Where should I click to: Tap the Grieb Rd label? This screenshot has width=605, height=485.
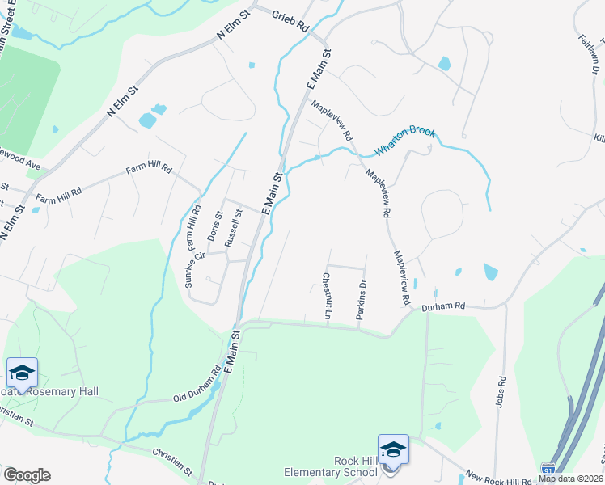coord(291,21)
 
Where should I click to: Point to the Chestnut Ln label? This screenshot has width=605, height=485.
coord(327,295)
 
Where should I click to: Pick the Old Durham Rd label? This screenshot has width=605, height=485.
coord(197,388)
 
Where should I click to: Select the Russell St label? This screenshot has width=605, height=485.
coord(234,229)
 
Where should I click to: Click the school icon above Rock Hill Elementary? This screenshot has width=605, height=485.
coord(393,449)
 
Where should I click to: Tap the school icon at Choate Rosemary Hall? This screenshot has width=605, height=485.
coord(22,373)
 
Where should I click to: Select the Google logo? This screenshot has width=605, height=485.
coord(27,475)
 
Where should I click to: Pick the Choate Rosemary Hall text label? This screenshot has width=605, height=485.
coord(57,391)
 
